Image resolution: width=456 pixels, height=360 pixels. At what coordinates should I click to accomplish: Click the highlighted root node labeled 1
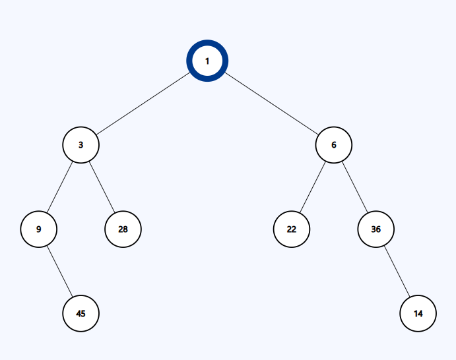coord(207,61)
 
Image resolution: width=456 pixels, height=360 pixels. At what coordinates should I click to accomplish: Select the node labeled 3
coord(81,144)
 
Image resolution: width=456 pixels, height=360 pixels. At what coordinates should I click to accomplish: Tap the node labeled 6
coord(333,144)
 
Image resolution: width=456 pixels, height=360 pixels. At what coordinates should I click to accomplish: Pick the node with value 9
coord(39,229)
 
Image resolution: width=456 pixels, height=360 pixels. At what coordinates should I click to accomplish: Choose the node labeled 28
coord(123,229)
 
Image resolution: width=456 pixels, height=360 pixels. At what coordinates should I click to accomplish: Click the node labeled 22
coord(292,229)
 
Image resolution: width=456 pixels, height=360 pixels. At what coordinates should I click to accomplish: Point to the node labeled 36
coord(375,229)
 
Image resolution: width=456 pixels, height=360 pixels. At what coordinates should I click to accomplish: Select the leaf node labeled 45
coord(81,313)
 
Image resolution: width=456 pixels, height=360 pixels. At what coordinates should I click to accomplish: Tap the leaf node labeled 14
coord(418,313)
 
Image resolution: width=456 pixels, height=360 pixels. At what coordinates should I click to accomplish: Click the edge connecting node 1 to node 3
coord(143,104)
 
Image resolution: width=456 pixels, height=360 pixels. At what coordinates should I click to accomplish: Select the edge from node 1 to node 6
coord(271,104)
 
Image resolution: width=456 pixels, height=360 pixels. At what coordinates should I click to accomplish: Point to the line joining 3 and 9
coord(59,187)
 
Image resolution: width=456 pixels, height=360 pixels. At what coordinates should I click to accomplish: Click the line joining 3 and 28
coord(102,187)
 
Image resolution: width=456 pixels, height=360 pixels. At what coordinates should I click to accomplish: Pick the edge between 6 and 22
coord(313,187)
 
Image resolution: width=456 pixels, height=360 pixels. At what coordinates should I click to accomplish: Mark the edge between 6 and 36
coord(355,187)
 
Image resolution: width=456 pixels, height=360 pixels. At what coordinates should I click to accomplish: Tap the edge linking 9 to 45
coord(59,272)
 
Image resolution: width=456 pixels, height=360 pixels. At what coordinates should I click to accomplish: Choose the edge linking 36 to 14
coord(397,272)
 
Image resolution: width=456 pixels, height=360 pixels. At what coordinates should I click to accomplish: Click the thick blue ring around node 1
coord(207,42)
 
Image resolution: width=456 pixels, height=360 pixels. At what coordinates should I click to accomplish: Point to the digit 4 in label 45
coord(79,313)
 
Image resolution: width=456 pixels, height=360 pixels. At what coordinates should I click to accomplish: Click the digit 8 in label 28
coord(125,229)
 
